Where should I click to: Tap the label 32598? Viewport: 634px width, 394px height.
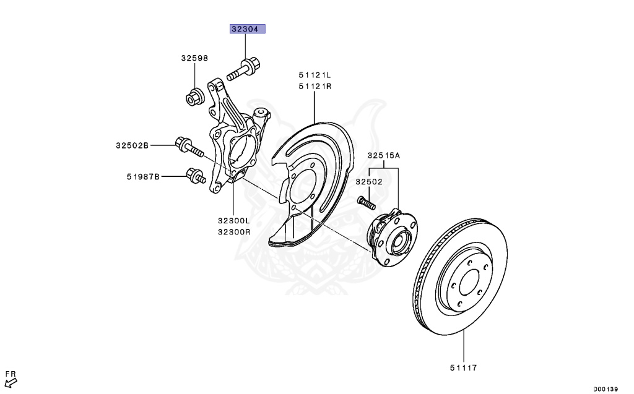(x=194, y=58)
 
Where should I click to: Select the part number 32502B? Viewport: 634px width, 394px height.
(x=132, y=145)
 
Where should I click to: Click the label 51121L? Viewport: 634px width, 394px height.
(x=315, y=75)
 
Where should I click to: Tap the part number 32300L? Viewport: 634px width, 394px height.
(x=233, y=220)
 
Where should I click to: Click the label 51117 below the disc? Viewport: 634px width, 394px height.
(x=463, y=368)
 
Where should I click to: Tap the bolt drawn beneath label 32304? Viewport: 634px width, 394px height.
(x=244, y=69)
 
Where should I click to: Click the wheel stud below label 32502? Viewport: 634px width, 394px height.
(x=366, y=202)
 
